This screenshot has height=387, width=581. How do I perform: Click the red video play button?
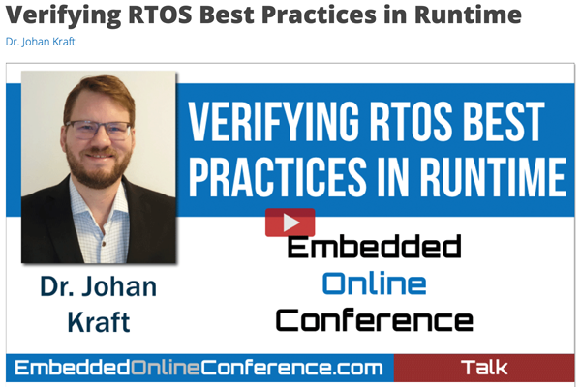(x=290, y=223)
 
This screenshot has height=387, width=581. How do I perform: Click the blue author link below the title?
(x=41, y=42)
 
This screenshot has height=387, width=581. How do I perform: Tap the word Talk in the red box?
(x=484, y=368)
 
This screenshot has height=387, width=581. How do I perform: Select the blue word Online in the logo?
(x=374, y=283)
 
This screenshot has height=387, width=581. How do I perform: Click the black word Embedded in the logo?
(x=374, y=246)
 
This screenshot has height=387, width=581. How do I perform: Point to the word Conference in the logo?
(x=374, y=320)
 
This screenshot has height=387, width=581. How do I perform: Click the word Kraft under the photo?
(x=99, y=322)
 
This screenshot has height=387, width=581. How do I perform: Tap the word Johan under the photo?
(x=119, y=286)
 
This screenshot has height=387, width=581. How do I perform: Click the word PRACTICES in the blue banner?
(x=278, y=176)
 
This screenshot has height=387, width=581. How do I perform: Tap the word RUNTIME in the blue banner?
(x=494, y=176)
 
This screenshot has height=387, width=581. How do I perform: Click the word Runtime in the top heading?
(x=468, y=15)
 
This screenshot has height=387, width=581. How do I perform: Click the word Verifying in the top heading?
(x=63, y=15)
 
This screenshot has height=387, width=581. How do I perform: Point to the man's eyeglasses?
(x=98, y=129)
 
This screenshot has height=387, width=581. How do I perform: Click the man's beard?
(x=99, y=168)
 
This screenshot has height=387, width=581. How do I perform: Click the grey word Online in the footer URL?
(x=166, y=368)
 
